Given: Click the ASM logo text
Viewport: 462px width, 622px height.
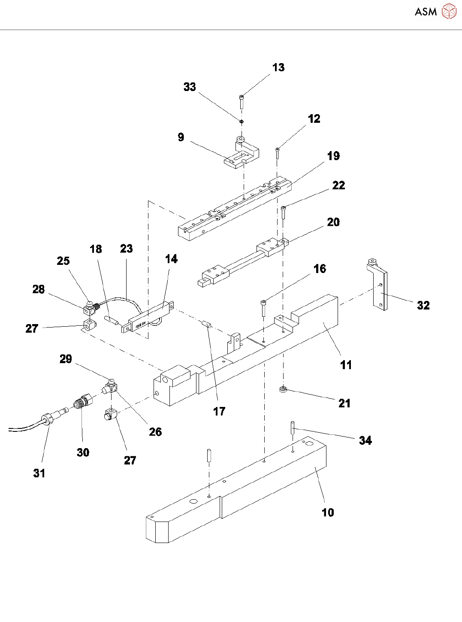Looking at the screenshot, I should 426,12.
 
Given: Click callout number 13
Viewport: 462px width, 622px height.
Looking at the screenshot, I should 278,67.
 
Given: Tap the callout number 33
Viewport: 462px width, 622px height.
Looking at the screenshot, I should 190,87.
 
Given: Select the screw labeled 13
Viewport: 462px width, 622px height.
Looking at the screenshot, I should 242,101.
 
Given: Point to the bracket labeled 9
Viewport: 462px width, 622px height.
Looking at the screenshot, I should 242,154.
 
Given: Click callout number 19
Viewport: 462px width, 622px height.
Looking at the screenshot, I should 333,156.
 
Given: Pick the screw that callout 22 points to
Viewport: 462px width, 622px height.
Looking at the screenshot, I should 284,212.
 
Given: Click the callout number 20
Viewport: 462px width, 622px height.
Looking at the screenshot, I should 333,222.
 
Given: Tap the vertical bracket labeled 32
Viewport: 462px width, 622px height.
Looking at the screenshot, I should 379,285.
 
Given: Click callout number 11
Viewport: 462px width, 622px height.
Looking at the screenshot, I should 346,365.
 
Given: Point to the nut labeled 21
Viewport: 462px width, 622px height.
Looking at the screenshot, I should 283,389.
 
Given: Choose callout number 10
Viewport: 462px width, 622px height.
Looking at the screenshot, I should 328,512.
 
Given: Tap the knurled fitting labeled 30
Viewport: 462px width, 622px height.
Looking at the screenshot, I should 83,402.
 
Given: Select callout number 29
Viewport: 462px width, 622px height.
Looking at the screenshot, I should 66,359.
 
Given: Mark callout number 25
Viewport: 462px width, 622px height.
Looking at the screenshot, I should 63,261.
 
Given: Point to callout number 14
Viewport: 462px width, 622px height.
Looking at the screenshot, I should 171,259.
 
